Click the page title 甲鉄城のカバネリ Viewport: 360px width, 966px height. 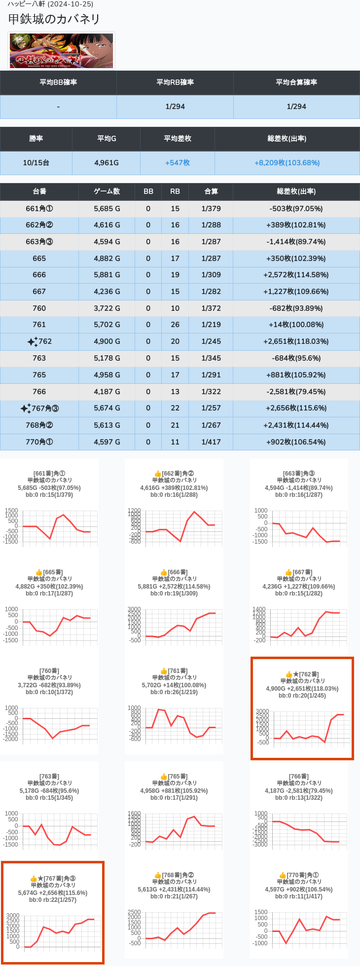[54, 19]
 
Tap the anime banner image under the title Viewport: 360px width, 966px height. [62, 51]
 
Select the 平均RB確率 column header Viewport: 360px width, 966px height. [175, 82]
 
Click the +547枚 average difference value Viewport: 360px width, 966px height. [178, 163]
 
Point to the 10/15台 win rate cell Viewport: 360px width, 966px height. [36, 163]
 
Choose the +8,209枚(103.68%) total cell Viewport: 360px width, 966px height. [287, 163]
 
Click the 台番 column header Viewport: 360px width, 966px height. [39, 191]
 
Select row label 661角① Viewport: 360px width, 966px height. [39, 209]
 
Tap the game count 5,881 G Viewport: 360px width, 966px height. [107, 275]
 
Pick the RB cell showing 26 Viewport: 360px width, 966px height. [175, 325]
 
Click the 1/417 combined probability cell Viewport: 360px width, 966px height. [211, 442]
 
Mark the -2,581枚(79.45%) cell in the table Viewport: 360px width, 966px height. [296, 392]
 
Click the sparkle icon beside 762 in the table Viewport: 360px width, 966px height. [33, 341]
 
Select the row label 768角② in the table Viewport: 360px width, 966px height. [39, 425]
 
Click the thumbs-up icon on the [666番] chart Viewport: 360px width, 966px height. [164, 572]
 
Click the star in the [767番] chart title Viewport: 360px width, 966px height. [40, 879]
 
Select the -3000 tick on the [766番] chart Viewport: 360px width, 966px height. [260, 845]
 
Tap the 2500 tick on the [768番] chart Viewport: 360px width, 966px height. [134, 912]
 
